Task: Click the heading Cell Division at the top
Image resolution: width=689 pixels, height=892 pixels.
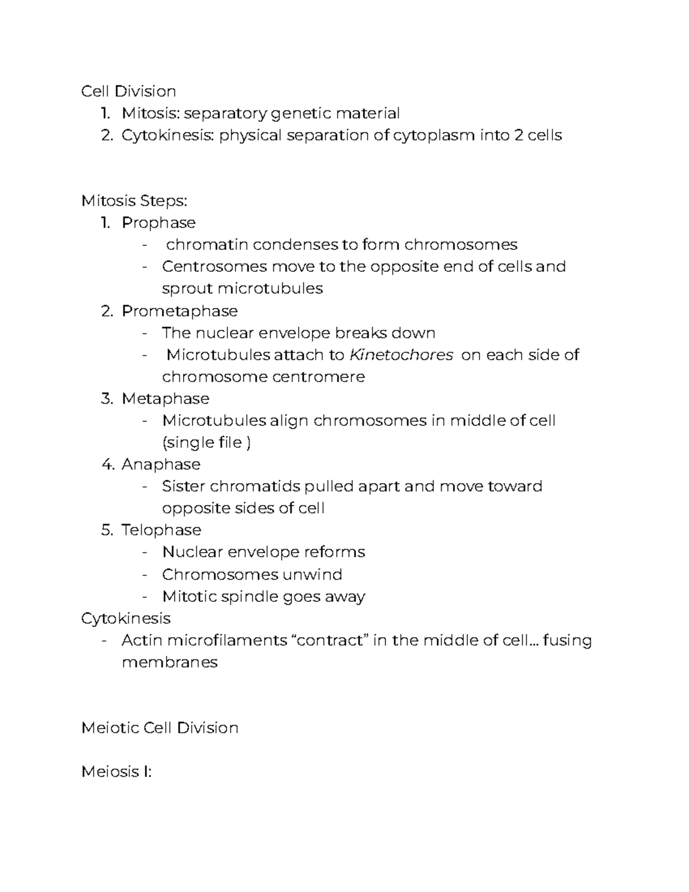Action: point(129,91)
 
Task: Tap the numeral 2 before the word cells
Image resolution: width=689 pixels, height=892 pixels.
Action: point(517,136)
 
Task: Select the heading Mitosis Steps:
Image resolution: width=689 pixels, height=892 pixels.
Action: point(134,201)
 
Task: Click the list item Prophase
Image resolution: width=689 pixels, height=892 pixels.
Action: point(158,223)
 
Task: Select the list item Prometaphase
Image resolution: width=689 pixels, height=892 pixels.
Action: point(179,311)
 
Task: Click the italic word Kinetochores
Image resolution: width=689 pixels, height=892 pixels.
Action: point(401,355)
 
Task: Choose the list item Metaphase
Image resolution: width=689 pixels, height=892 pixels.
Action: point(165,399)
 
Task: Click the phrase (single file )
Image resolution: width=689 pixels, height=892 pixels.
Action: point(206,443)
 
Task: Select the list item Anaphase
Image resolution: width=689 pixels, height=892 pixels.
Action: point(161,464)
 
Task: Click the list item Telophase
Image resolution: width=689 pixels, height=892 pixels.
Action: point(161,530)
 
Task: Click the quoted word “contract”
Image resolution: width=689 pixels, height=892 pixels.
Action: point(330,640)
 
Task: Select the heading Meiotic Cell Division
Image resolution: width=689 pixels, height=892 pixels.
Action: point(160,728)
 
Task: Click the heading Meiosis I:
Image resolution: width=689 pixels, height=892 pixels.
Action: point(117,771)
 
